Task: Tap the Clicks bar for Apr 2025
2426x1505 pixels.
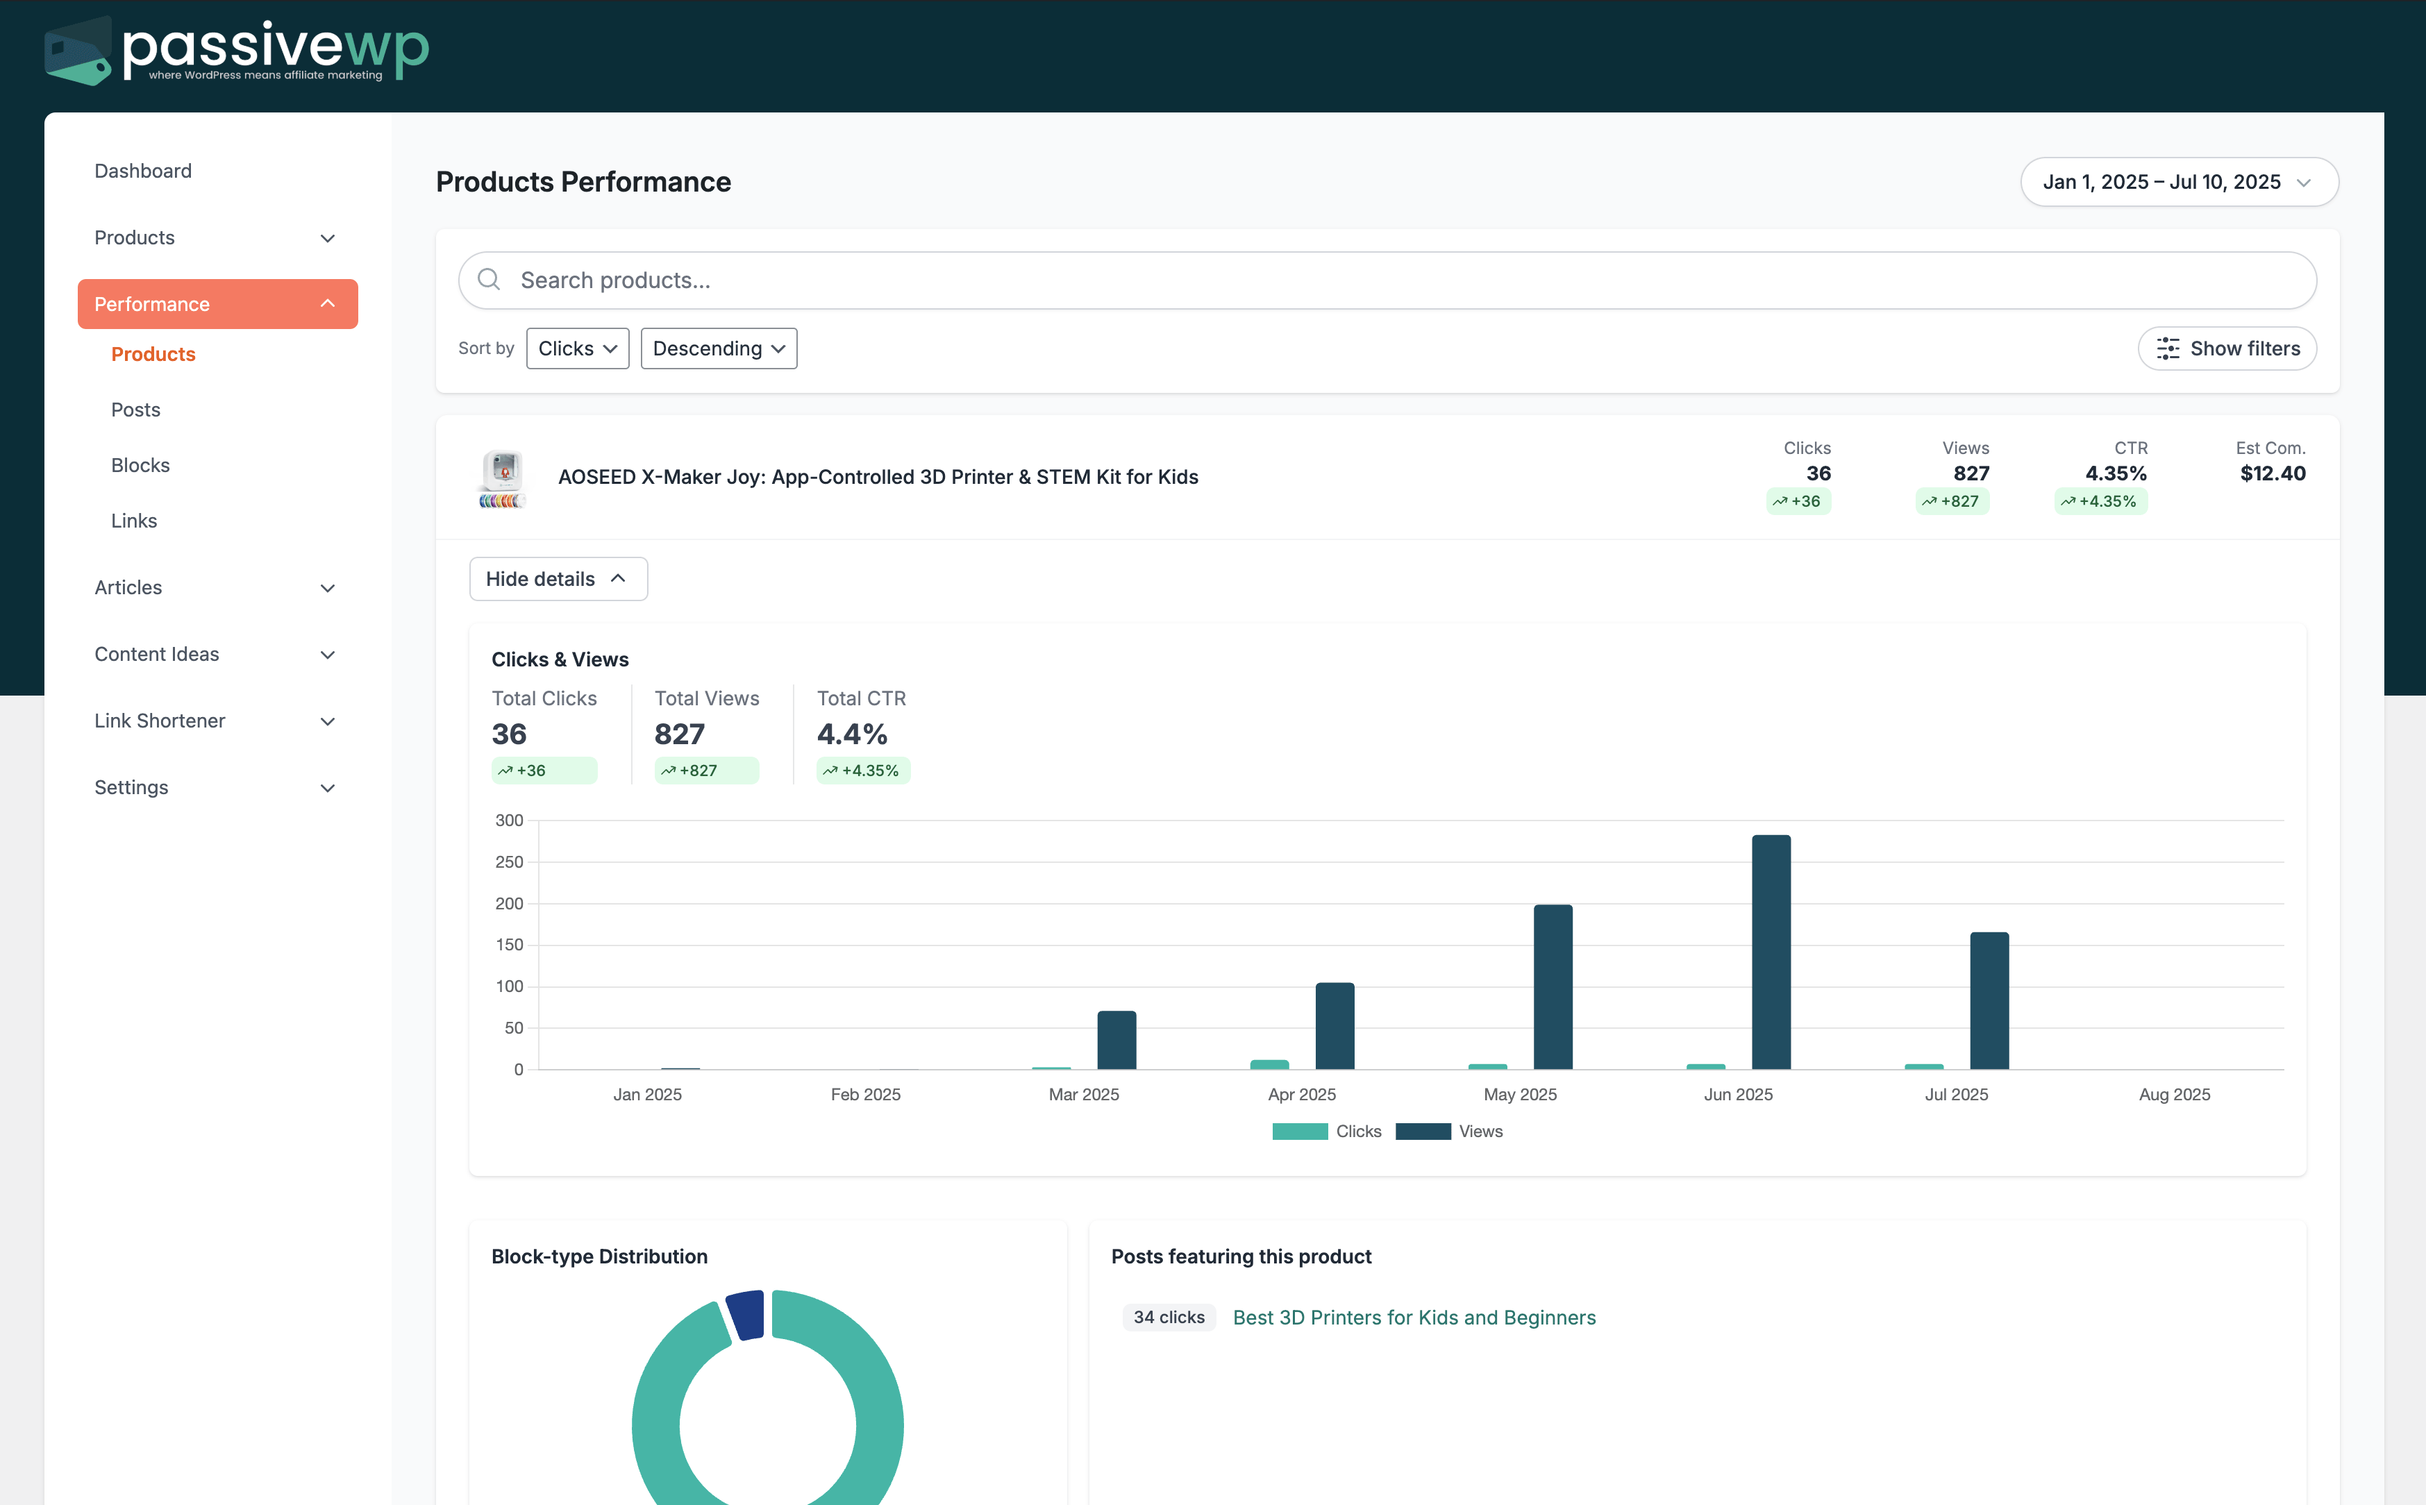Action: (x=1269, y=1064)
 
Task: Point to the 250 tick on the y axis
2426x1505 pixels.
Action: (x=509, y=862)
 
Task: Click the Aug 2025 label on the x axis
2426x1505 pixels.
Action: (x=2174, y=1095)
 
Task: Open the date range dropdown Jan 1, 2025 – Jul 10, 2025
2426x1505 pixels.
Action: (x=2178, y=182)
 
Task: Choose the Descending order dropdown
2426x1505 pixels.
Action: (x=718, y=348)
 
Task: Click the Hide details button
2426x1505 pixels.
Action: (x=558, y=580)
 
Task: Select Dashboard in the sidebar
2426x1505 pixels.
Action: (x=143, y=171)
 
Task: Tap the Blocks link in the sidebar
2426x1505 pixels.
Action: (x=140, y=466)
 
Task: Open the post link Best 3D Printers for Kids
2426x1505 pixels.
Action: (x=1414, y=1318)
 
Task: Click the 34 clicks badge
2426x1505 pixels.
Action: (x=1169, y=1318)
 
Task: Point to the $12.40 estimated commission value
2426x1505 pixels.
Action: (x=2272, y=474)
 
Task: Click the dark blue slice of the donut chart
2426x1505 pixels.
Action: (x=746, y=1315)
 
